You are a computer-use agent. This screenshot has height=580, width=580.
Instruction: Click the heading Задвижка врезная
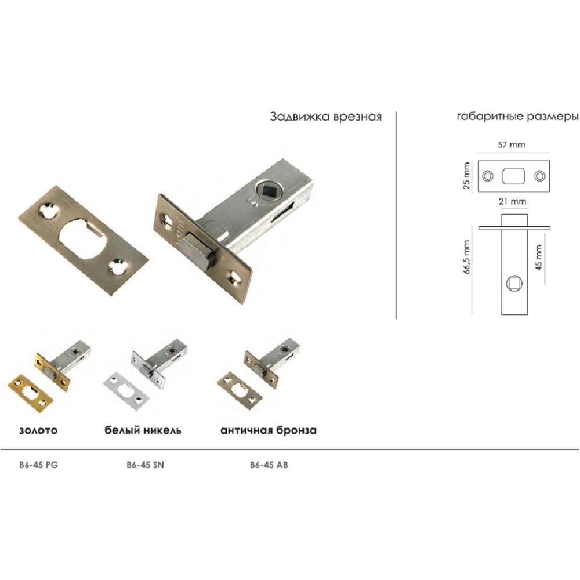(x=325, y=117)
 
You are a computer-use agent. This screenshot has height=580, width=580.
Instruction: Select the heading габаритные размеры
(x=518, y=117)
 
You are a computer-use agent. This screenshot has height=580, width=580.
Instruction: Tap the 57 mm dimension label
(x=511, y=144)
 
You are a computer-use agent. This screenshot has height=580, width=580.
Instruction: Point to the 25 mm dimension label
(x=466, y=175)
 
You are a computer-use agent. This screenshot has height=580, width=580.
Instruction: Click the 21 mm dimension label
(x=512, y=202)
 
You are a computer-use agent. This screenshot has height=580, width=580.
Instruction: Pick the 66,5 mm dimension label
(x=466, y=257)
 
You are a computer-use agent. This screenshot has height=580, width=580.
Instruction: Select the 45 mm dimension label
(x=539, y=257)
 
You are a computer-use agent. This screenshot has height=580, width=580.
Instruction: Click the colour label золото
(x=38, y=430)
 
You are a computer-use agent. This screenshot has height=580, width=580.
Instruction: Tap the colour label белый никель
(x=143, y=430)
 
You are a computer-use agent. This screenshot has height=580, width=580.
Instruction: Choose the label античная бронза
(x=268, y=430)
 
